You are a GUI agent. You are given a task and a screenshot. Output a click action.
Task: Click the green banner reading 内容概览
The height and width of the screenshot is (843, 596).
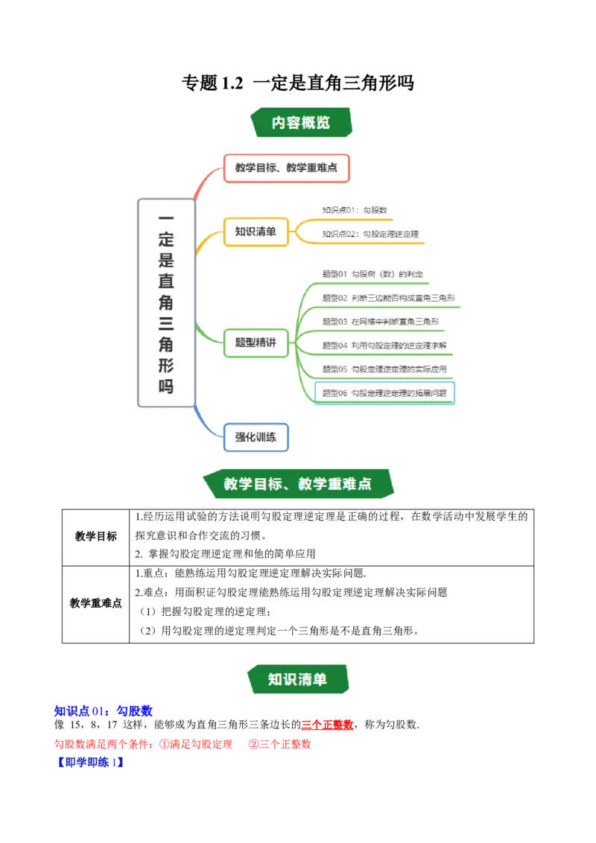tap(301, 122)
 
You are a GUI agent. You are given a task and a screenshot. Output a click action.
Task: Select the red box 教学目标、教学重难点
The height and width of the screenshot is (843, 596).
tap(286, 168)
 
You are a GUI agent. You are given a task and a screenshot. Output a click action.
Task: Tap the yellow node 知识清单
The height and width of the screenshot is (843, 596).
tap(256, 232)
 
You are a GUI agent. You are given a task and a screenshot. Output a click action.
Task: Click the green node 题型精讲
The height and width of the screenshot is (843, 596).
tap(256, 343)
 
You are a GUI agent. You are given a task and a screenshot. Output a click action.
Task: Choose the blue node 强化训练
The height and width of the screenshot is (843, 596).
tap(256, 437)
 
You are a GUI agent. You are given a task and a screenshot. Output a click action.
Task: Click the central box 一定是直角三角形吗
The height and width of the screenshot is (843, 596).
tap(166, 302)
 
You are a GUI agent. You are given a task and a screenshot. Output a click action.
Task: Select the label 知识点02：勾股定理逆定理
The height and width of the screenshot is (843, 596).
tap(370, 234)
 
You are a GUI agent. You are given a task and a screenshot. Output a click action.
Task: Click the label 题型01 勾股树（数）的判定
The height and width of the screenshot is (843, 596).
tap(372, 275)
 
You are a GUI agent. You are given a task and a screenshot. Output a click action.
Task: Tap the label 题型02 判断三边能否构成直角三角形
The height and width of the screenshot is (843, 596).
tap(388, 298)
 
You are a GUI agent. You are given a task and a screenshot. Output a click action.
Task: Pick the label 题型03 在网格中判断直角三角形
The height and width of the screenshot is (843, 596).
tap(380, 322)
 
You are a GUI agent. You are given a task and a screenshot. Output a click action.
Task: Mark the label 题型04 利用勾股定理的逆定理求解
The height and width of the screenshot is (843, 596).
tap(384, 346)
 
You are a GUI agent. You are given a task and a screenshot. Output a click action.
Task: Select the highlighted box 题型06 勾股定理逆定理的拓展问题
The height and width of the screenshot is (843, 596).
tap(384, 393)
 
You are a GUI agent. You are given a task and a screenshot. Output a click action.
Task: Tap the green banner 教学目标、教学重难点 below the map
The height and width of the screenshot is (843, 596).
tap(298, 484)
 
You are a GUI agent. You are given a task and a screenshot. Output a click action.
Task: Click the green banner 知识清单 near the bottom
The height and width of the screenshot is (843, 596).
tap(297, 679)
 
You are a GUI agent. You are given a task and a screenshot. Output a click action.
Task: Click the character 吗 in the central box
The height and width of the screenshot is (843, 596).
tap(166, 386)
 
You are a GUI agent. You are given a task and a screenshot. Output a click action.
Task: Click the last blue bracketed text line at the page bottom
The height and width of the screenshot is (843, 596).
tap(89, 763)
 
